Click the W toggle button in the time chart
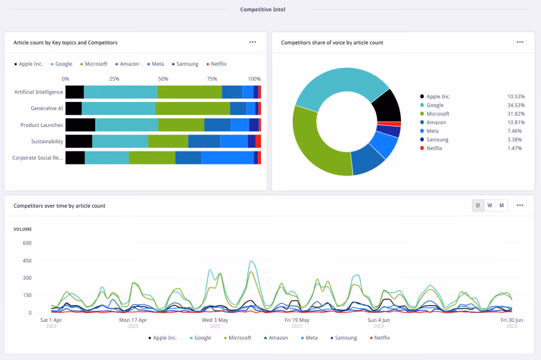490,205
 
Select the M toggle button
502,205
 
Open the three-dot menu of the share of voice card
520,42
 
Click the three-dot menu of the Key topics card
253,42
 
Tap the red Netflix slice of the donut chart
389,124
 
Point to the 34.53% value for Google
516,105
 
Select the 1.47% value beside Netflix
515,149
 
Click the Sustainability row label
47,142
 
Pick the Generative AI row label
47,108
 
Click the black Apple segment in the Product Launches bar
80,125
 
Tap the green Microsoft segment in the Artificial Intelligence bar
190,92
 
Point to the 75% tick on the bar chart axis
212,79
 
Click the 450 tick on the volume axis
27,261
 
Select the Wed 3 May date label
215,320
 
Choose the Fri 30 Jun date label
511,320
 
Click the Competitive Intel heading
263,10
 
